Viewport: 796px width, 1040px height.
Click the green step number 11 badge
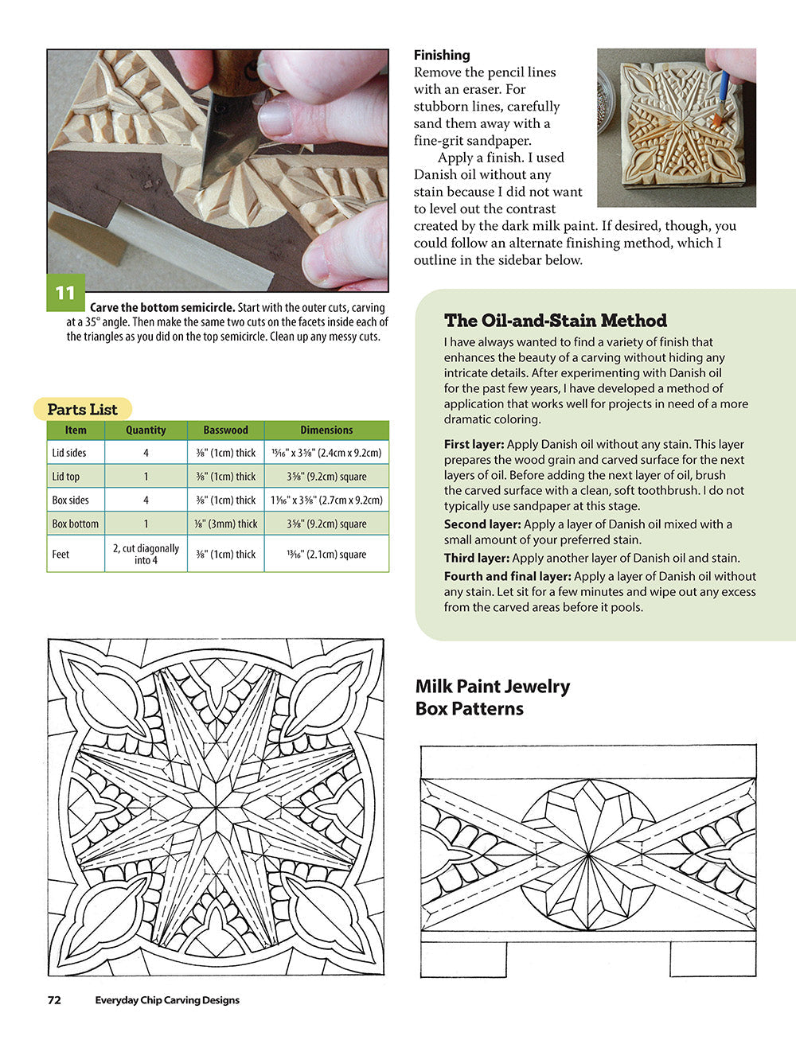pos(64,293)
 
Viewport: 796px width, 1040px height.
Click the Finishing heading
pos(442,55)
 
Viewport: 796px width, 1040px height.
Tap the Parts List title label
pos(82,410)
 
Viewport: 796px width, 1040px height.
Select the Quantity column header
pos(146,430)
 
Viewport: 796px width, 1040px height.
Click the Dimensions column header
pos(326,430)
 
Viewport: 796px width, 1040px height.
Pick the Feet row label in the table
pos(60,554)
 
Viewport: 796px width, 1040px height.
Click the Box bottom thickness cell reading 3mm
pos(225,524)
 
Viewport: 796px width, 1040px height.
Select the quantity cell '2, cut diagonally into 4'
pos(146,554)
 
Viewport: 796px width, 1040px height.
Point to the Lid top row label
pos(66,477)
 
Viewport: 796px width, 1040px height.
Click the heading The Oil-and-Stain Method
pos(555,321)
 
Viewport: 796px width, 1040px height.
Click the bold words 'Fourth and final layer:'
pos(507,576)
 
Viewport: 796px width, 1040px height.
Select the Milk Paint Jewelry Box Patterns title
pos(492,697)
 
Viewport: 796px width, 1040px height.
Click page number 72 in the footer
pos(54,1000)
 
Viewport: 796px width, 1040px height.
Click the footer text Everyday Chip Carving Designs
pos(167,1000)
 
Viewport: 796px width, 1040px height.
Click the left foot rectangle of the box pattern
pos(463,960)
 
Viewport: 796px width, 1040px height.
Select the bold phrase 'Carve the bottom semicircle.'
pos(162,308)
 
